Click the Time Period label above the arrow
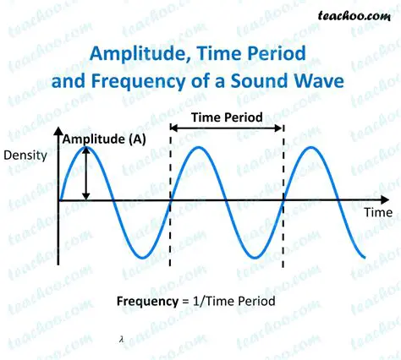tap(226, 117)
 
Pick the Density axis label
tap(25, 155)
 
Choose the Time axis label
tap(377, 213)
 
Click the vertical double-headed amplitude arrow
tap(85, 174)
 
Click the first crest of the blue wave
tap(85, 148)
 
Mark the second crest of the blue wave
tap(199, 148)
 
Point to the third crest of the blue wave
tap(311, 148)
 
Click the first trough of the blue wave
tap(141, 256)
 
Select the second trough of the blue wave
tap(255, 256)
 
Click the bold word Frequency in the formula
tap(146, 302)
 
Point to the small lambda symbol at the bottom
tap(122, 338)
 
